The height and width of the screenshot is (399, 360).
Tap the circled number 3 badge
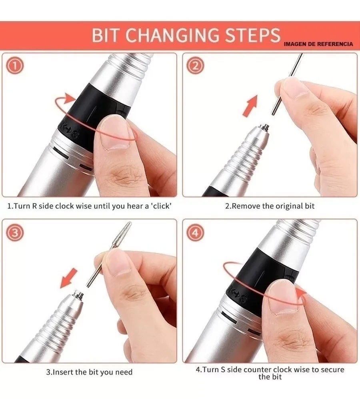16,233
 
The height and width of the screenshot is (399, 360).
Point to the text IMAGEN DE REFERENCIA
318,44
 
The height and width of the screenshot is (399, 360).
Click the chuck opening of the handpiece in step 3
78,295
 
